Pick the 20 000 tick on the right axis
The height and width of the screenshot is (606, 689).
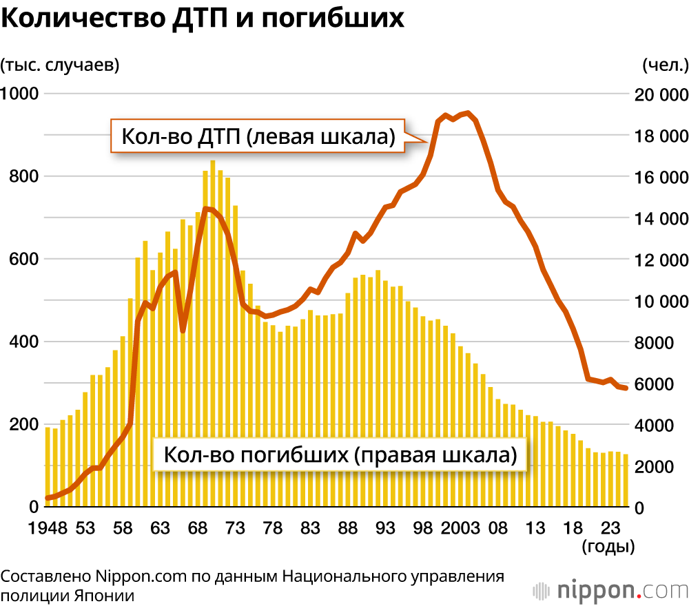659,95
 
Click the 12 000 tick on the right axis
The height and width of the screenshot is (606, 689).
659,260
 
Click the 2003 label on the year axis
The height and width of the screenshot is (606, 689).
461,528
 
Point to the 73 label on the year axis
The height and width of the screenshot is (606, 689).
236,528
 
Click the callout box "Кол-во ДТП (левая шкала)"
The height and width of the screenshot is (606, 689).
258,136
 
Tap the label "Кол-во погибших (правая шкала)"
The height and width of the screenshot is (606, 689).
340,455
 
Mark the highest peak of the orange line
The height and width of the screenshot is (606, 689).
469,113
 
